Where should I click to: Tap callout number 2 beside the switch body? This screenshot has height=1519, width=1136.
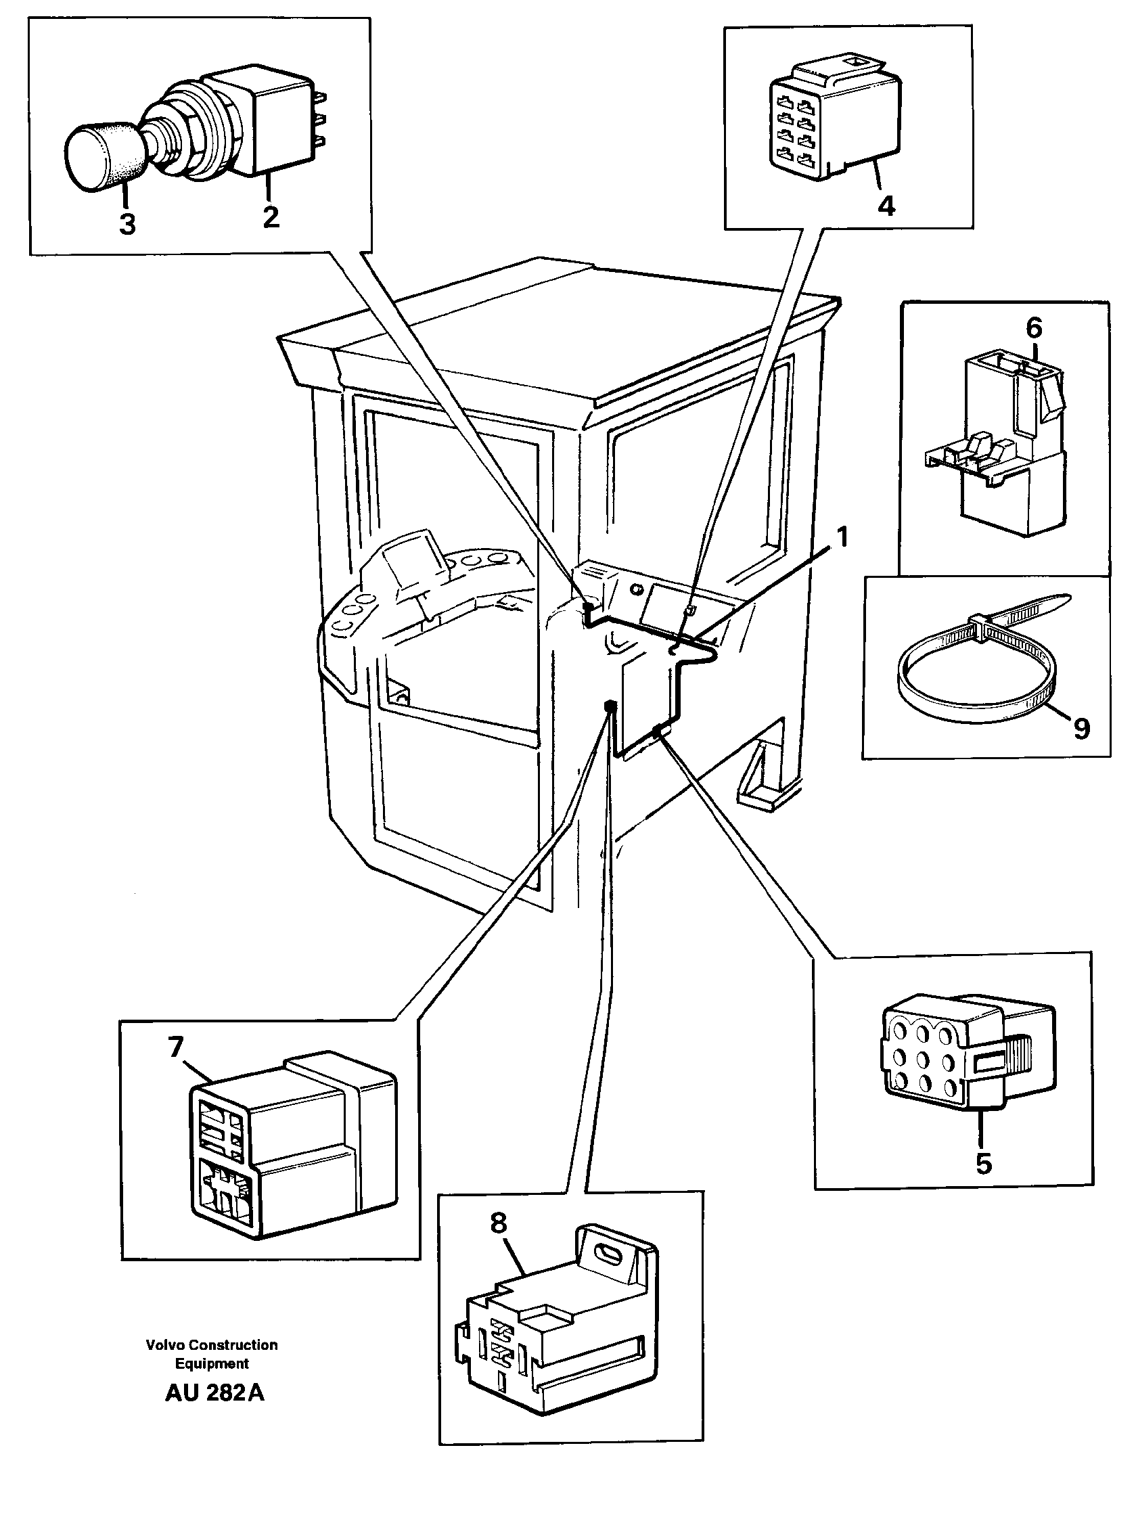[x=271, y=217]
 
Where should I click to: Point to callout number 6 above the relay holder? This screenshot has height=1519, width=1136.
[x=1034, y=328]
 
